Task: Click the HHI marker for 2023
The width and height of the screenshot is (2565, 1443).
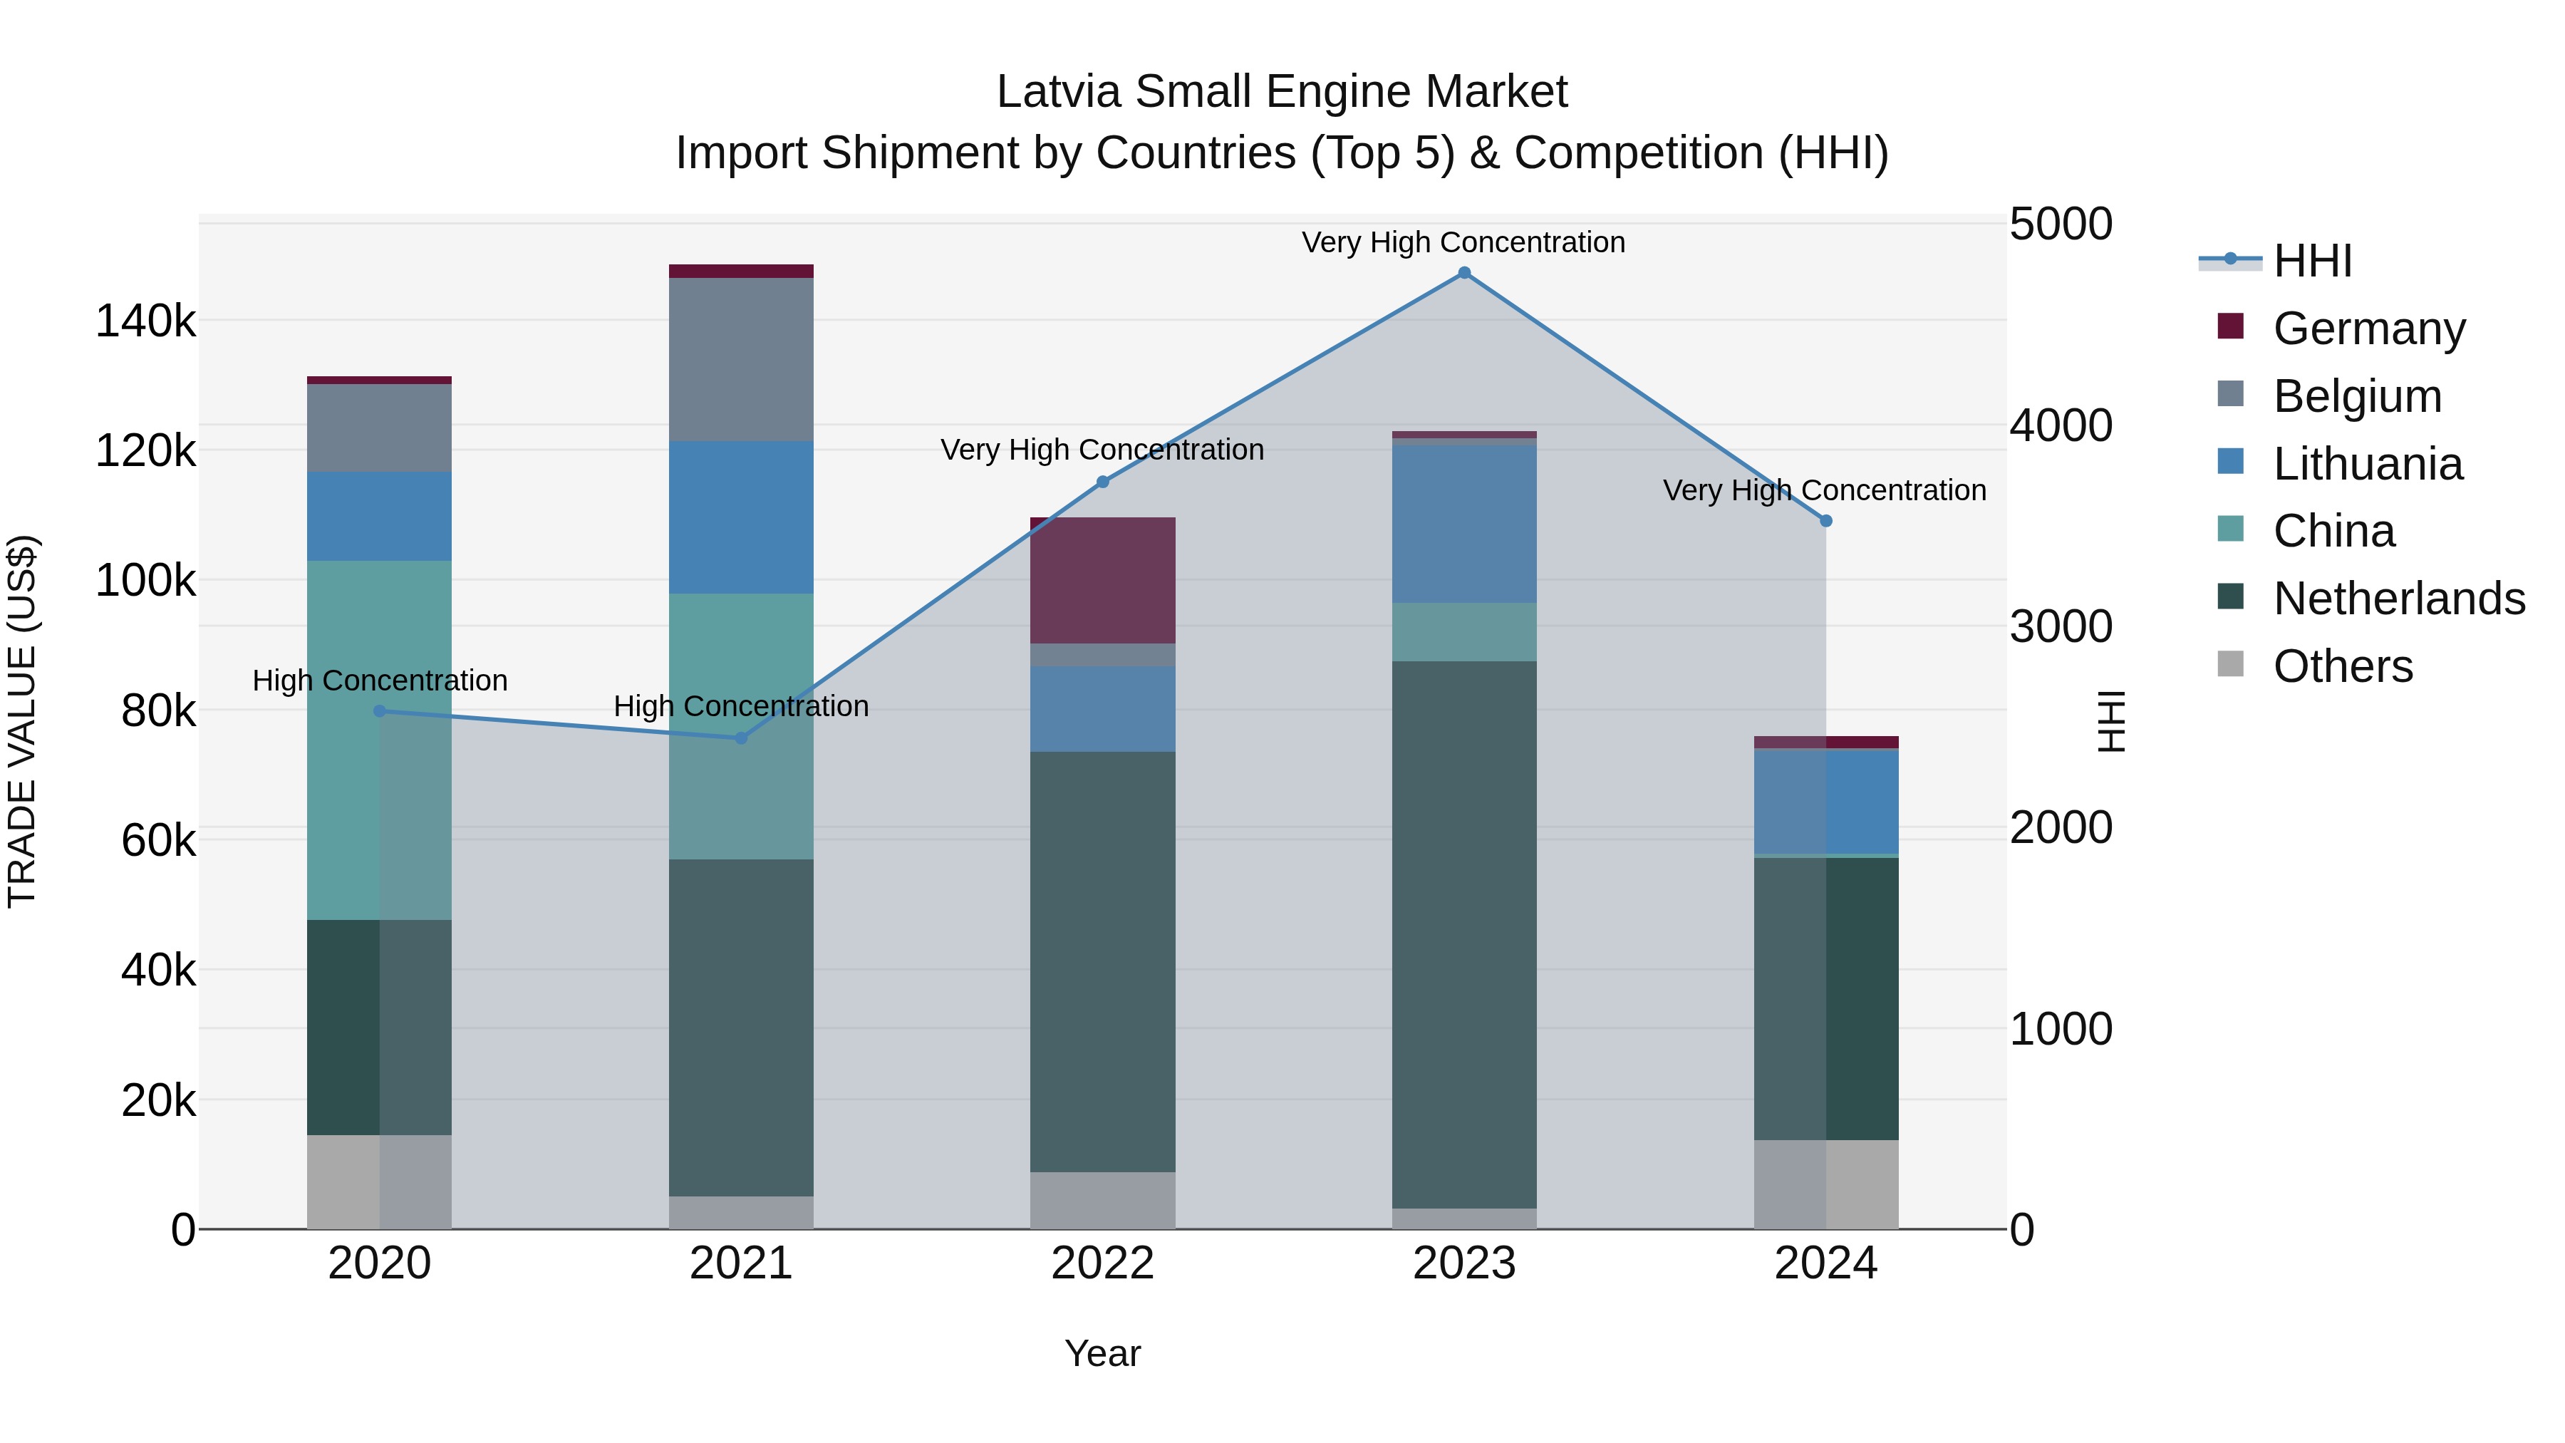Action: click(x=1463, y=273)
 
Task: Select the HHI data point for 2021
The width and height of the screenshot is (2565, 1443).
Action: click(x=741, y=738)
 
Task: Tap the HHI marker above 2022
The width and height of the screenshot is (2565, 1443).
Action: click(x=1102, y=482)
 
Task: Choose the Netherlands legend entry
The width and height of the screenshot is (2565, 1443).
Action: click(x=2398, y=599)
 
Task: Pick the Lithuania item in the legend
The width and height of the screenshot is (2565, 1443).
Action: click(x=2367, y=464)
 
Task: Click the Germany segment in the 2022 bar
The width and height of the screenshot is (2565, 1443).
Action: click(x=1102, y=581)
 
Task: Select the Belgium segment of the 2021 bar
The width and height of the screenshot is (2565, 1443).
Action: click(x=741, y=360)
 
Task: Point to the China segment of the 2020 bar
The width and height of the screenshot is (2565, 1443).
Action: click(x=379, y=739)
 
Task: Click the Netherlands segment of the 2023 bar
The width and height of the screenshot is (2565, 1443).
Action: click(x=1463, y=934)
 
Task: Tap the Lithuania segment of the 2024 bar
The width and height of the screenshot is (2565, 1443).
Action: click(x=1825, y=802)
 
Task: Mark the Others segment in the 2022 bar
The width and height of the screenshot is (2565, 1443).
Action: click(x=1102, y=1200)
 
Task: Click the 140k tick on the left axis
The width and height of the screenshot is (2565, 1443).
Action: click(x=145, y=321)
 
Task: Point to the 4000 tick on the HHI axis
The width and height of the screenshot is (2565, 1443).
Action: click(x=2060, y=425)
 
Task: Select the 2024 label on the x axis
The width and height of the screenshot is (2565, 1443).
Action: click(x=1825, y=1263)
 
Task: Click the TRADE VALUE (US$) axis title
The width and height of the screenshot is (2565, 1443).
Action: click(x=22, y=721)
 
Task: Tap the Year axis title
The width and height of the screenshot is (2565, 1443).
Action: click(x=1102, y=1353)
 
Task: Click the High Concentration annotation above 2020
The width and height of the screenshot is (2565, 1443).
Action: click(x=379, y=681)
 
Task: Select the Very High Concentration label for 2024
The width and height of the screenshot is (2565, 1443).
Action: click(x=1824, y=490)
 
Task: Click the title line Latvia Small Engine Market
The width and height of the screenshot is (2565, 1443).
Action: click(x=1282, y=92)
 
